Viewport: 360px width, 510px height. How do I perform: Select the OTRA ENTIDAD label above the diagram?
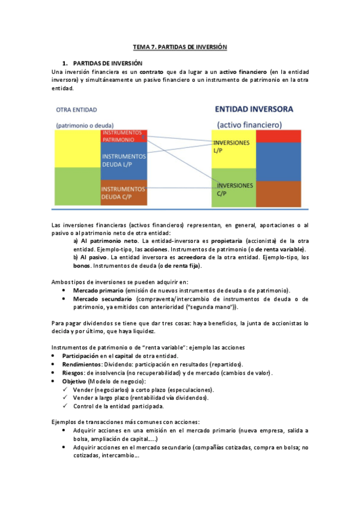76,109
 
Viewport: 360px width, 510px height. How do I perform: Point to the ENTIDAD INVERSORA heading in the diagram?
254,109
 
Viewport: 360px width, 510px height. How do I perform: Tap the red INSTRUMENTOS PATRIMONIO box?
123,135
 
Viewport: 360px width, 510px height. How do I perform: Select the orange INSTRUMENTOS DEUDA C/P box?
123,192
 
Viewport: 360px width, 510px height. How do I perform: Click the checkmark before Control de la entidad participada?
66,406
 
